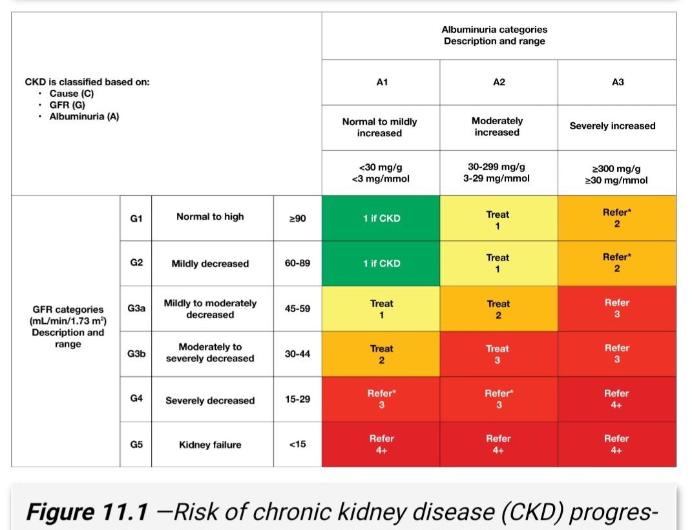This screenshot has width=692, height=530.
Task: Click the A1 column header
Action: tap(382, 82)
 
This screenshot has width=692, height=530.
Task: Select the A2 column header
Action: tap(499, 82)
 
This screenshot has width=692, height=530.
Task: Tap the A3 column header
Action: tap(618, 82)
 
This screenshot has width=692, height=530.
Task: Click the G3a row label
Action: tap(136, 308)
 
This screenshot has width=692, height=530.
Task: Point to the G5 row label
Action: tap(136, 445)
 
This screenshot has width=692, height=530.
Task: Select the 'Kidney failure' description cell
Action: tap(210, 445)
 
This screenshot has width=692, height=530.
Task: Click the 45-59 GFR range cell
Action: tap(297, 308)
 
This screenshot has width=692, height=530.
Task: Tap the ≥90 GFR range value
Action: tap(297, 218)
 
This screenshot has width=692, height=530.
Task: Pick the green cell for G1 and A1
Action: tap(381, 218)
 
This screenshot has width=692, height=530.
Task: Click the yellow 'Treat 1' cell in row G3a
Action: tap(381, 308)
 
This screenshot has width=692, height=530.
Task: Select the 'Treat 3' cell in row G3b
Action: tap(499, 354)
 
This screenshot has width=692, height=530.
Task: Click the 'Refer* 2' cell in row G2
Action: tap(617, 263)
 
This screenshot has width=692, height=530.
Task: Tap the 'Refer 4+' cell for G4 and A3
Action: tap(617, 399)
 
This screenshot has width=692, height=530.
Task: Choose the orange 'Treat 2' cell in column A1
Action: tap(381, 354)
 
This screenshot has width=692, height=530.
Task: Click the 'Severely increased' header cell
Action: tap(617, 127)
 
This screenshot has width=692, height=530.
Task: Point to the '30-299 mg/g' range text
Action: tap(496, 167)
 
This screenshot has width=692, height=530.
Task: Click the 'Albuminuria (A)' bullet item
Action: tap(84, 116)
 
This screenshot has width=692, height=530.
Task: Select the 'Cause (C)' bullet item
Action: tap(72, 94)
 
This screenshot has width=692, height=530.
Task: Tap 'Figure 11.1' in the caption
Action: tap(87, 512)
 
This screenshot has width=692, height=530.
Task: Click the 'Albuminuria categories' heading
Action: tap(494, 30)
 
